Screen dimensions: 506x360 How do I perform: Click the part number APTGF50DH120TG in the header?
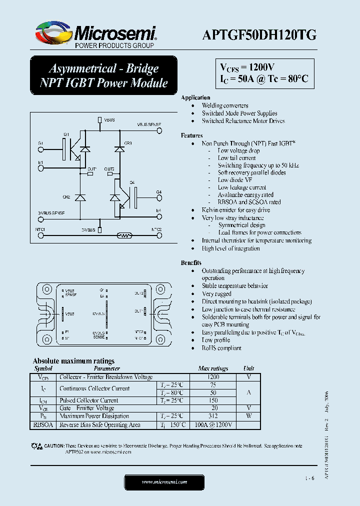259,34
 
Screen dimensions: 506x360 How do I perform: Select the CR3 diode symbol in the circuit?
119,148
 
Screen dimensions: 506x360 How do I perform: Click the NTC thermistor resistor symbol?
124,234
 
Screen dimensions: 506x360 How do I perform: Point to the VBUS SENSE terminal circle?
160,131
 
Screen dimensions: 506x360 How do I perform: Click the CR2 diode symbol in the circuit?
80,198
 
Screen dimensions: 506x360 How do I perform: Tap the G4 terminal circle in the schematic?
159,197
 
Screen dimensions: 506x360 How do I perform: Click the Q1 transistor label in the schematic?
66,134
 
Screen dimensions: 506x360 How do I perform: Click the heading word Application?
195,97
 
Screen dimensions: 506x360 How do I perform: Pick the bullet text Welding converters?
224,105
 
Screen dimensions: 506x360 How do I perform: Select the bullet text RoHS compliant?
221,348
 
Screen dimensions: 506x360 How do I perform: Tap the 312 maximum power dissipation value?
213,416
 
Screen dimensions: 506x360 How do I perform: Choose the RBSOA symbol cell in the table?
43,425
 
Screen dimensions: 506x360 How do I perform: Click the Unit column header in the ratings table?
248,368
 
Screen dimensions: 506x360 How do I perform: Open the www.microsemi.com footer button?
164,482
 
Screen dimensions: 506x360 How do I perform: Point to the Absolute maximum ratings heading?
73,360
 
